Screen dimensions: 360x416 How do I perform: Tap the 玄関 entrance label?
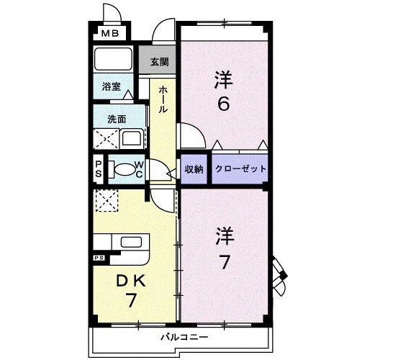pos(159,62)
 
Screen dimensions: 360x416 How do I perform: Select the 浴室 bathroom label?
pos(112,86)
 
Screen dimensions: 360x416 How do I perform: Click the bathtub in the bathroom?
pos(112,58)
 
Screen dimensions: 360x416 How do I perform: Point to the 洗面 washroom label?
pos(116,119)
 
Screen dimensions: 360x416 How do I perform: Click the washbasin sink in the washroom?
pos(132,138)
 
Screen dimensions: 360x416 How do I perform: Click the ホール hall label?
pos(163,99)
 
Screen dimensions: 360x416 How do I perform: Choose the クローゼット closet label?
pos(240,168)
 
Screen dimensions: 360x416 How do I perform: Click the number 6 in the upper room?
pos(224,104)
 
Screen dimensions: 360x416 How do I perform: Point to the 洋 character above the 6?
pos(224,78)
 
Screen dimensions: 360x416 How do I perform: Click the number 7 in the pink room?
pos(225,262)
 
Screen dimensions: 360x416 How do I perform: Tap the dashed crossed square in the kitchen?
pos(107,200)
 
